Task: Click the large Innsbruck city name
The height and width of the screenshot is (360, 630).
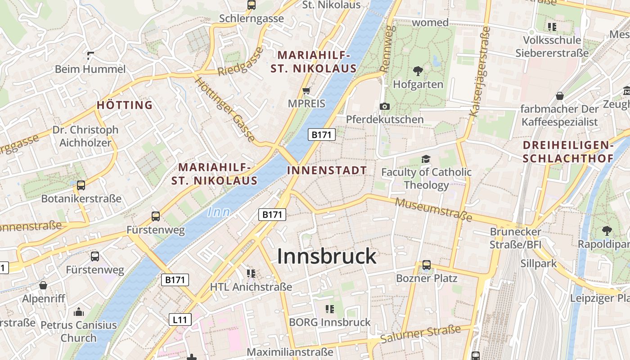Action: (326, 256)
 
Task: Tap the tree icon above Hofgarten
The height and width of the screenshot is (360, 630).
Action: (418, 71)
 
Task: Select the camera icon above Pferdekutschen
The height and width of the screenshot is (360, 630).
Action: (385, 106)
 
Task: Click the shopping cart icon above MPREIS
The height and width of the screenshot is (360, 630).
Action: (306, 91)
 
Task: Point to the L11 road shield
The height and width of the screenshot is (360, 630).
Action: (180, 320)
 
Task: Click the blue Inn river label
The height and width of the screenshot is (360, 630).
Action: (219, 212)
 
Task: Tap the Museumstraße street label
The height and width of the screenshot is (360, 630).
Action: (433, 210)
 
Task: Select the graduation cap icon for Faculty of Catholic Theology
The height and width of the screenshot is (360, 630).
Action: (426, 159)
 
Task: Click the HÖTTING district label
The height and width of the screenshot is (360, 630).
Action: (125, 105)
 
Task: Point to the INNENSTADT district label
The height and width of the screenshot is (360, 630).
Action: (327, 171)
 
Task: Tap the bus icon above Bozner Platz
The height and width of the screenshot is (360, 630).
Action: (426, 265)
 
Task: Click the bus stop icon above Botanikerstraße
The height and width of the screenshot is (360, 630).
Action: (81, 185)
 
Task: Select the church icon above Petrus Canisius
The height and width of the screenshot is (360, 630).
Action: (79, 312)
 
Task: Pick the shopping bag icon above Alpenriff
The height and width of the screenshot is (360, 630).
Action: (43, 285)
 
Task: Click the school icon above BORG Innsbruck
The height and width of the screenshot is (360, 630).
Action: (330, 309)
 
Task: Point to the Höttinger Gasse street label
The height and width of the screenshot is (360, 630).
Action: (225, 109)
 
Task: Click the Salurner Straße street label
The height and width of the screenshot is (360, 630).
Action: (420, 333)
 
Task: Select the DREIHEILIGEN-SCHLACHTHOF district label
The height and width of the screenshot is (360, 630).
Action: (568, 152)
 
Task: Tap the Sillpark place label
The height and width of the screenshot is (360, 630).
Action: (539, 263)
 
